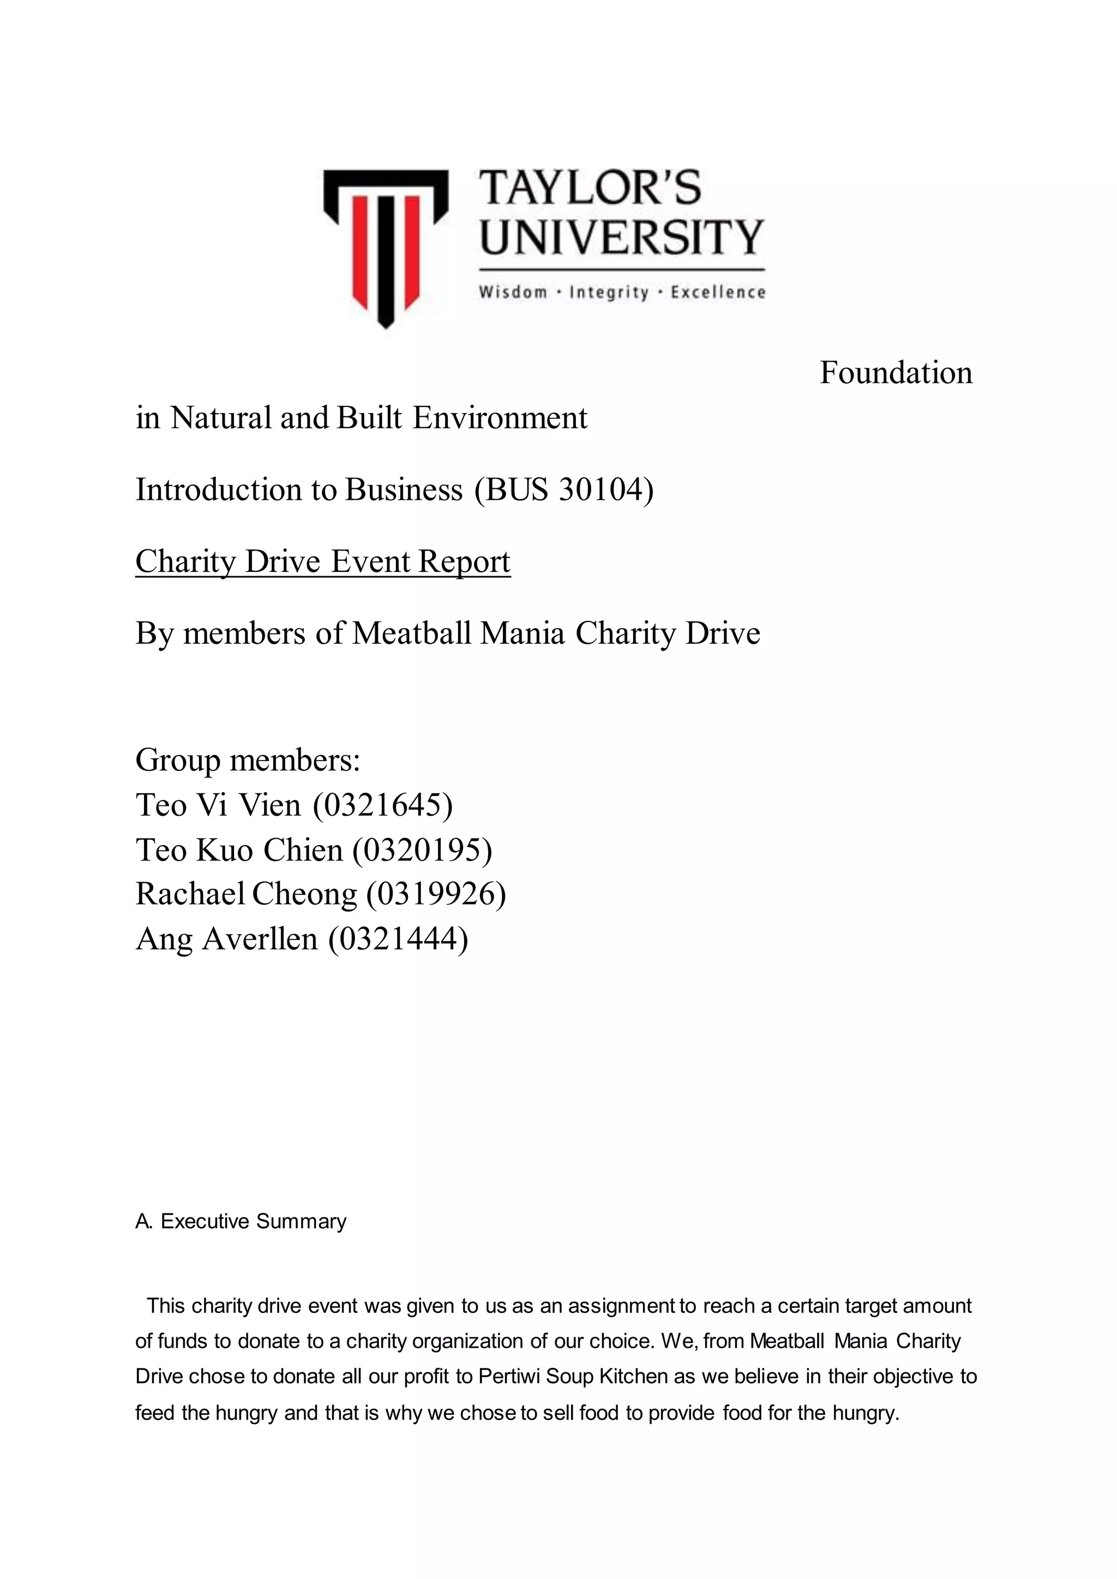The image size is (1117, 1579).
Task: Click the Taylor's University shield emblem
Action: coord(385,244)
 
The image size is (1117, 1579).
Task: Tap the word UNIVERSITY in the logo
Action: coord(621,237)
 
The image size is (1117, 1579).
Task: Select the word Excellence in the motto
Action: coord(718,292)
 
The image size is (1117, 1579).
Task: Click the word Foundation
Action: coord(896,373)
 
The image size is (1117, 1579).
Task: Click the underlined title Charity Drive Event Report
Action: coord(322,561)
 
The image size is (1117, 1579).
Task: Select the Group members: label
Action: coord(248,760)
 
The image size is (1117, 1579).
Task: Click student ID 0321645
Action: coord(383,805)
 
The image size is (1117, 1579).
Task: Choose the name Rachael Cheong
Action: coord(245,894)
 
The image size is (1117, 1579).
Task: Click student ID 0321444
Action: coord(398,938)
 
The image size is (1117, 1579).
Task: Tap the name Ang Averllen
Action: coord(226,938)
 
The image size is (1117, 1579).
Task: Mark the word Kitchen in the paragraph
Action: coord(633,1376)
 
